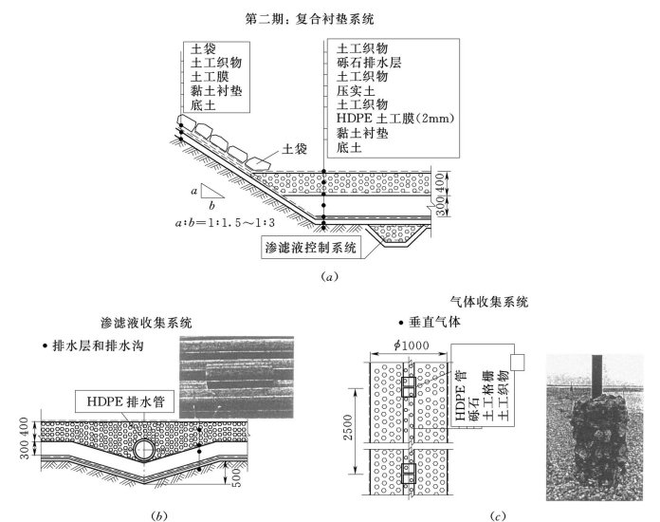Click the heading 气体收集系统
click(x=490, y=302)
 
